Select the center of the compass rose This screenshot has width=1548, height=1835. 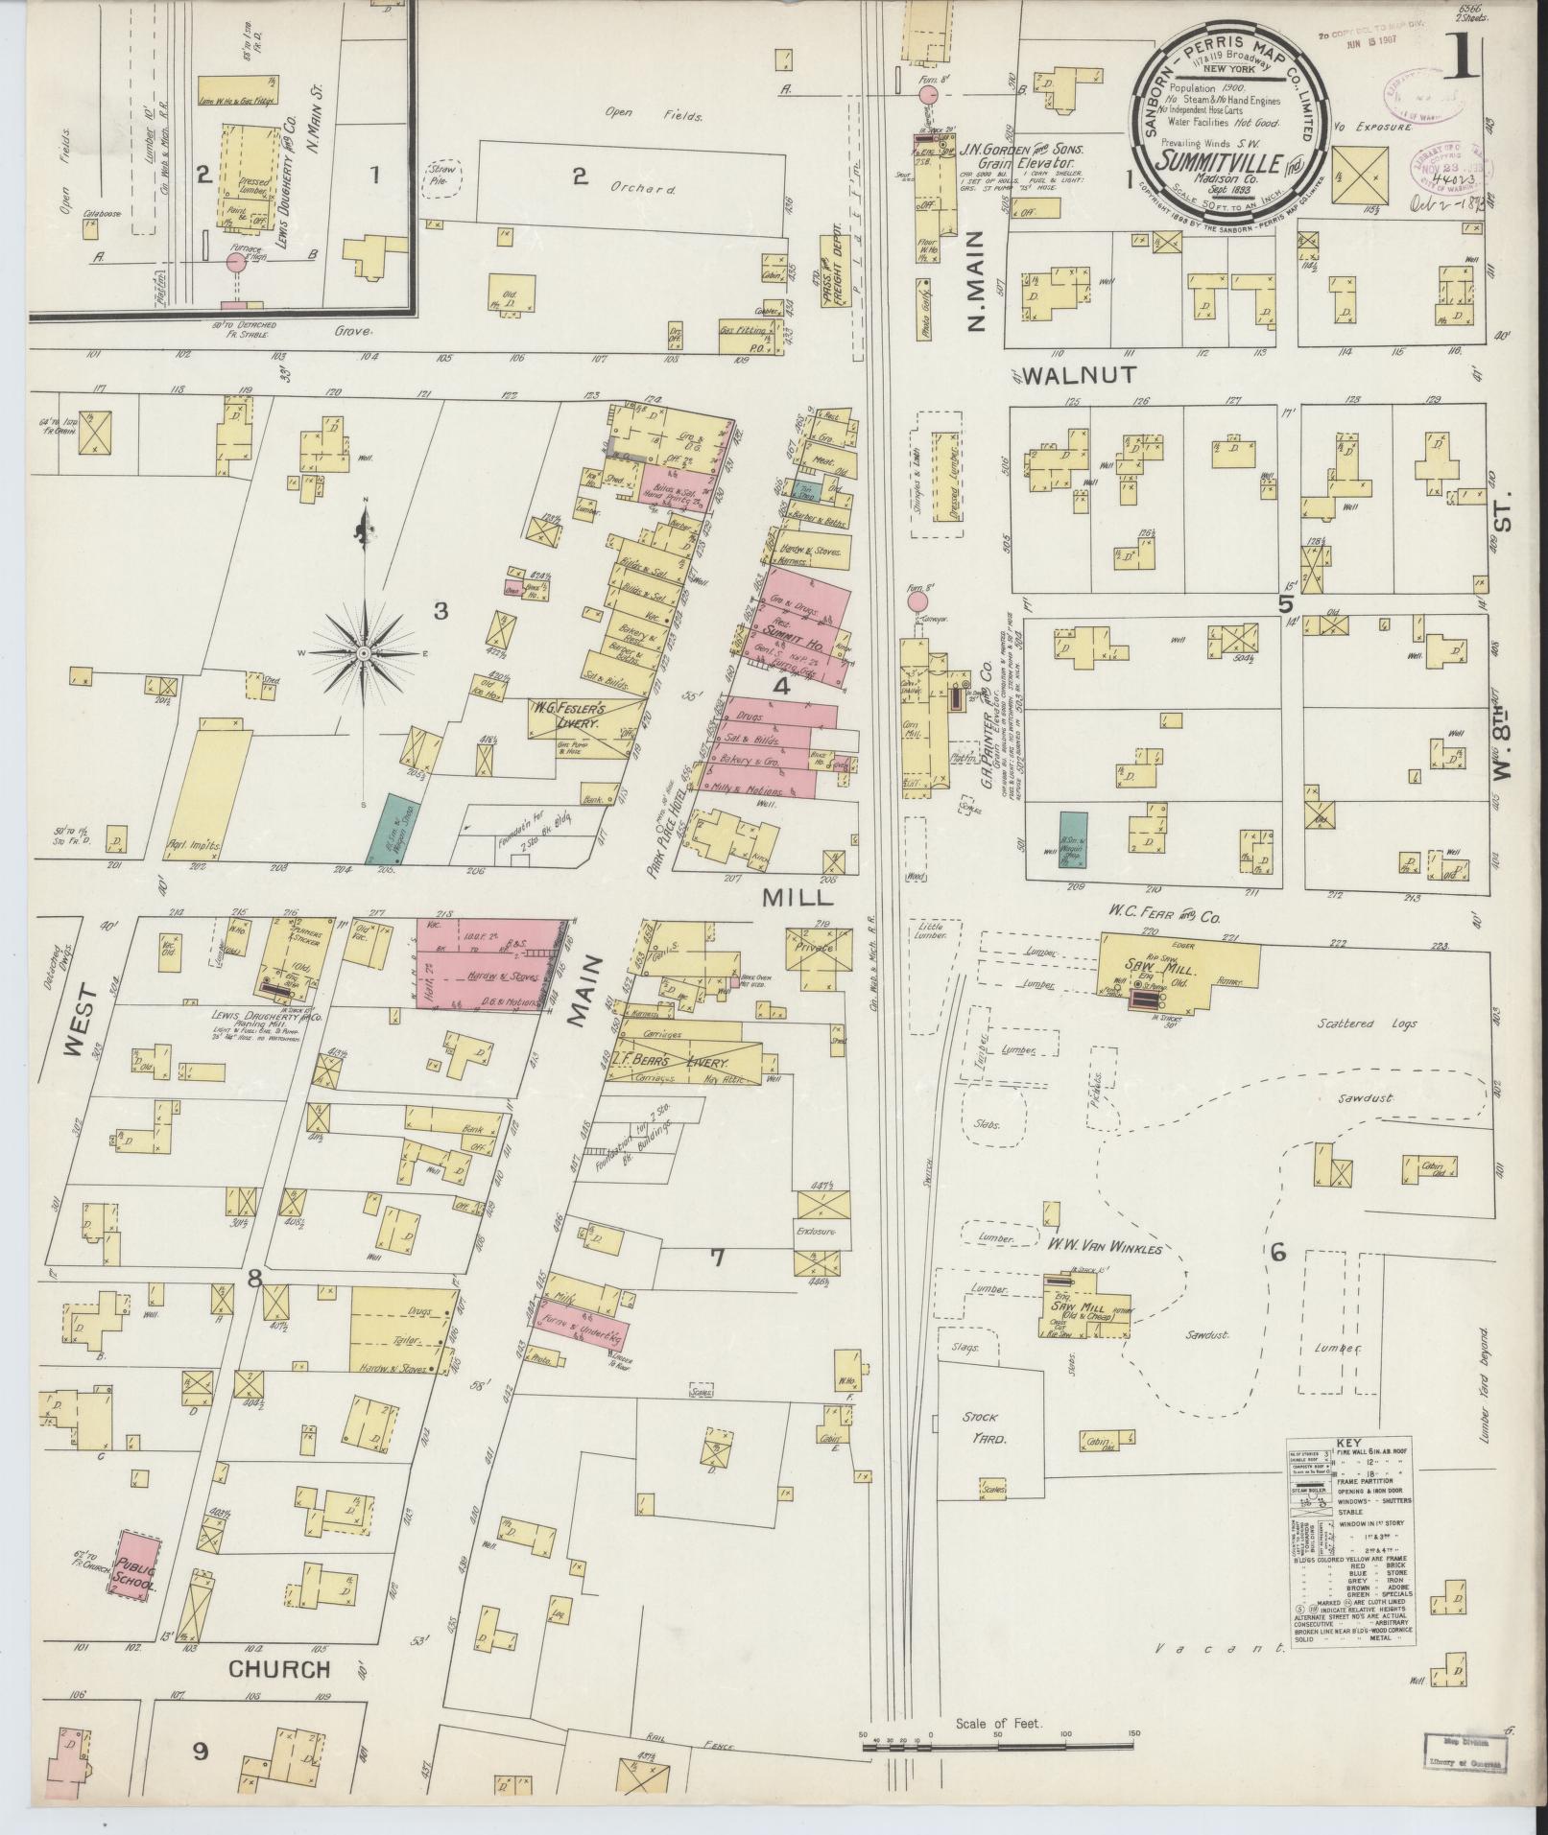[364, 653]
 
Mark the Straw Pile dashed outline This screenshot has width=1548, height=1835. [443, 178]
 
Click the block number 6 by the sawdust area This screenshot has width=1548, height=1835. [1277, 1254]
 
